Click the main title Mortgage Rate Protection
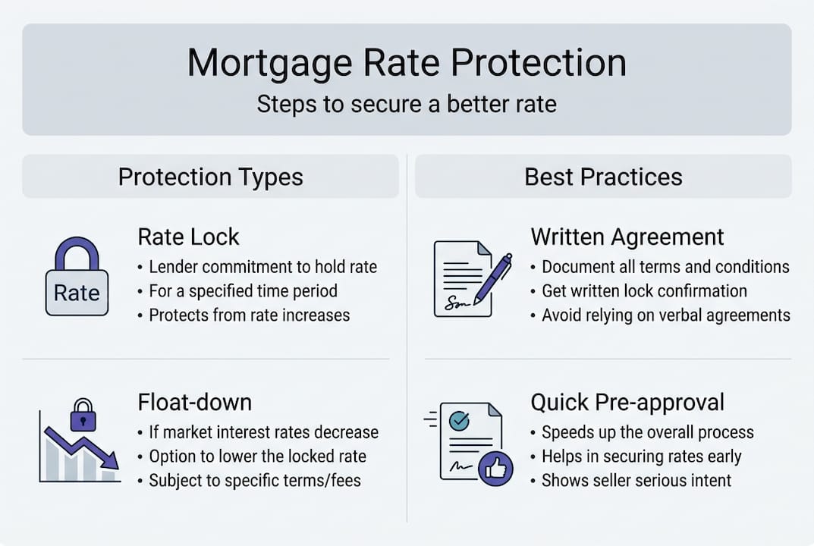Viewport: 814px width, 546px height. point(407,63)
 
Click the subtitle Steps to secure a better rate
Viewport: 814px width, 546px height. point(407,104)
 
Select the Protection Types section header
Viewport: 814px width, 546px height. point(210,177)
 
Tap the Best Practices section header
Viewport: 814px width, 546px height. point(603,177)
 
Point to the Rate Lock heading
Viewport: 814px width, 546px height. point(188,237)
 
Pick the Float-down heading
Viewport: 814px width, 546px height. point(194,402)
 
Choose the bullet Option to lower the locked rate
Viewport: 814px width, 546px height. point(257,457)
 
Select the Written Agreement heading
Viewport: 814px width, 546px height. point(627,237)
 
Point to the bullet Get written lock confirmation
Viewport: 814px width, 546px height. point(644,291)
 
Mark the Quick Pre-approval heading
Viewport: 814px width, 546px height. point(627,402)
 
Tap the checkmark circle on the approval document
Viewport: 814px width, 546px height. point(459,419)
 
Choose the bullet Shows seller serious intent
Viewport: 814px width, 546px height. point(636,480)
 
